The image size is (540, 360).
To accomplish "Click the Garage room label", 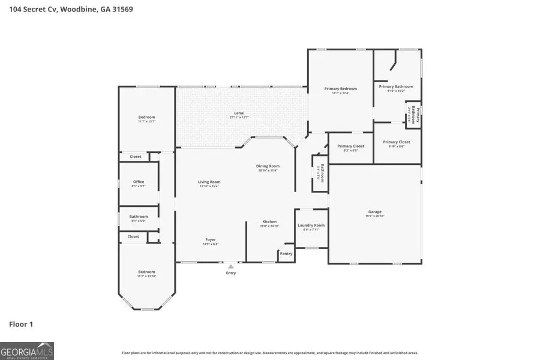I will click(375, 212).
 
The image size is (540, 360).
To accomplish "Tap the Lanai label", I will click(239, 113).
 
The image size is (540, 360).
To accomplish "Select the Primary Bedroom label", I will click(340, 89).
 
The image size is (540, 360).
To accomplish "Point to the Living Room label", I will click(209, 182).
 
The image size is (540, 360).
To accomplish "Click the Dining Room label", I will click(269, 166).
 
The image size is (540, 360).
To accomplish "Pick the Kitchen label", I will click(269, 222).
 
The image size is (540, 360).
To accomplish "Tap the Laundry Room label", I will click(311, 226).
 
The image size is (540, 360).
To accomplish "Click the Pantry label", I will click(286, 254).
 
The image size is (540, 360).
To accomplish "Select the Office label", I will click(139, 182).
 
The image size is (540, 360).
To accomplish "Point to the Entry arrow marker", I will click(230, 266).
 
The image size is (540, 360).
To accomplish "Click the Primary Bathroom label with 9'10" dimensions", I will click(396, 87).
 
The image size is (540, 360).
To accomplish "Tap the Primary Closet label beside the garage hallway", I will click(350, 146).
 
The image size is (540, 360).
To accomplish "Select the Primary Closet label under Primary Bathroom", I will click(397, 142).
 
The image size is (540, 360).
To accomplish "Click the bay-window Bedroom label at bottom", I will click(146, 272).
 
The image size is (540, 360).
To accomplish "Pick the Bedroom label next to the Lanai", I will click(146, 118).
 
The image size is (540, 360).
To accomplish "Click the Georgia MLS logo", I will click(27, 351).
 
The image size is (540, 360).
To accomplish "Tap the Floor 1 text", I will click(21, 325).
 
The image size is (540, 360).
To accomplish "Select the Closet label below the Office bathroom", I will click(133, 237).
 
